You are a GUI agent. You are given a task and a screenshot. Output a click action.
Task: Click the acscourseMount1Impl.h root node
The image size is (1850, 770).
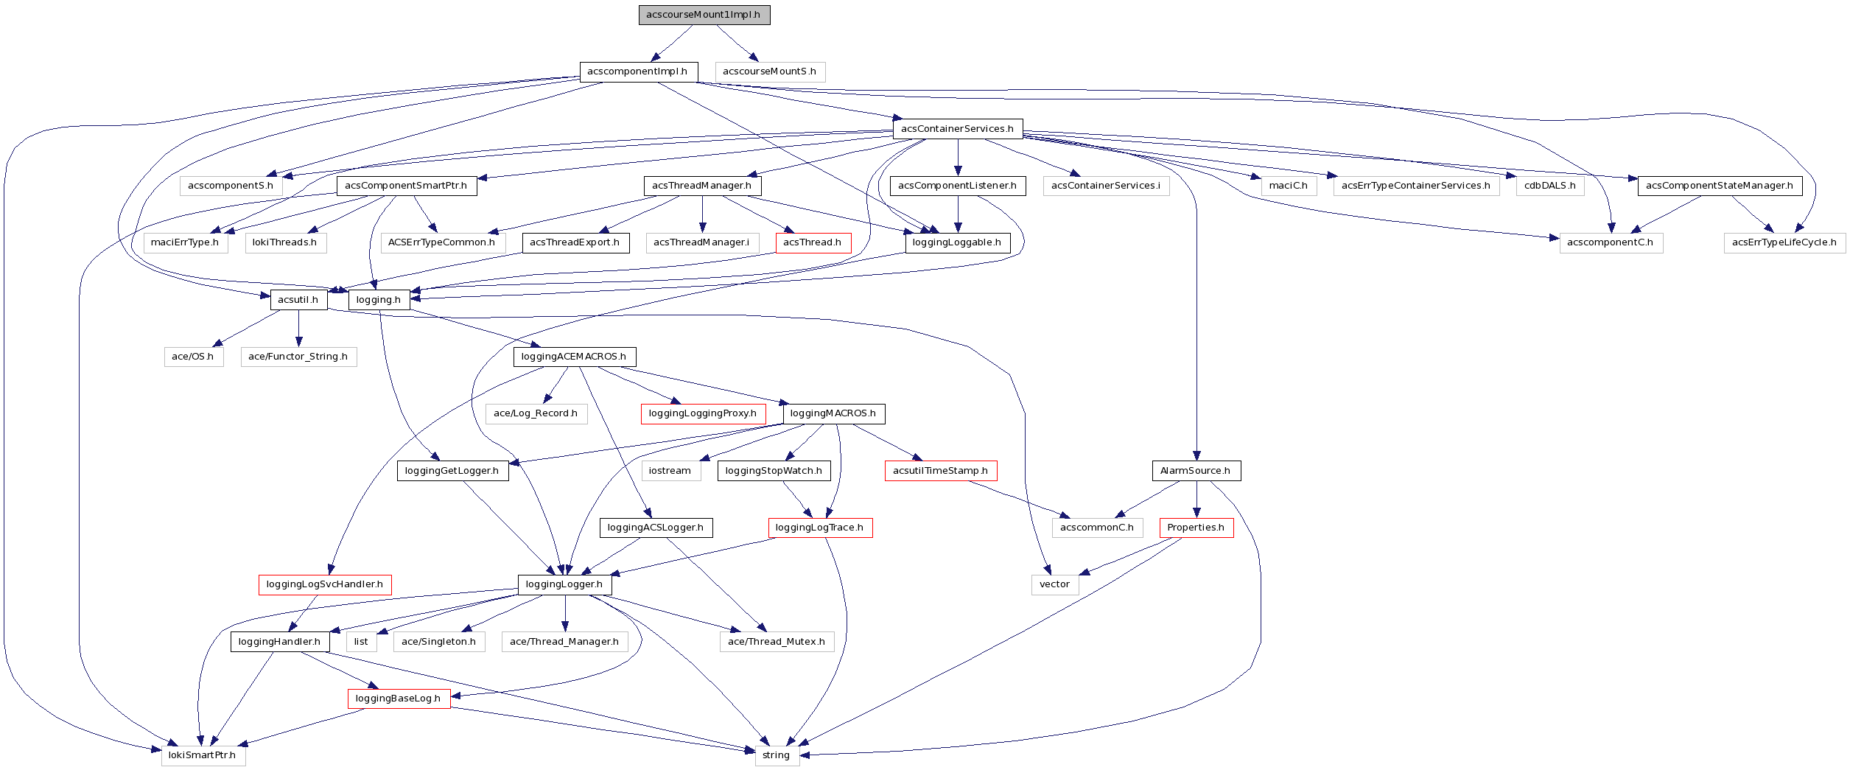click(x=704, y=15)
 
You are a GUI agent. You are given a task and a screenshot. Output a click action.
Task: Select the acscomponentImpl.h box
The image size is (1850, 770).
click(x=638, y=71)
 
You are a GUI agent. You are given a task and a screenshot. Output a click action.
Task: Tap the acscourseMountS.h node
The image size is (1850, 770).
click(x=770, y=71)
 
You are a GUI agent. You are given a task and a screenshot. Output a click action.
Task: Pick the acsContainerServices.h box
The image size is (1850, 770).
click(x=957, y=129)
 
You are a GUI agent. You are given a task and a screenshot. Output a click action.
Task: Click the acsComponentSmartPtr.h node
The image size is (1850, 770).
click(x=406, y=186)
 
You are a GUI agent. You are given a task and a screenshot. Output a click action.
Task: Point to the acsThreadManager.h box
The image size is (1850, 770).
click(x=702, y=186)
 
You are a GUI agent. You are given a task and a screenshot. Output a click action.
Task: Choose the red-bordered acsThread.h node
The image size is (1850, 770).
click(x=813, y=242)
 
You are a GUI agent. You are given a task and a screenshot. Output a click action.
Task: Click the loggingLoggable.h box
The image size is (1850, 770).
click(x=957, y=242)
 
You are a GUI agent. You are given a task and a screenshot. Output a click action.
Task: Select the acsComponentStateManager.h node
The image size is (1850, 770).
click(x=1720, y=186)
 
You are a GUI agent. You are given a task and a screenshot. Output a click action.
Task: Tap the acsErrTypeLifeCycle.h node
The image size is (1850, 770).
click(x=1784, y=242)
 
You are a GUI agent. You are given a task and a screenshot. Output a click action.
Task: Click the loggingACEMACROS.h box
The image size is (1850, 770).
click(x=574, y=357)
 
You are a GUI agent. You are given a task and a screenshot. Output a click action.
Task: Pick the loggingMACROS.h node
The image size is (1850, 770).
click(x=833, y=413)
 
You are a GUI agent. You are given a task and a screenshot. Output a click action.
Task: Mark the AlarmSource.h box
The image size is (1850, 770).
click(x=1196, y=471)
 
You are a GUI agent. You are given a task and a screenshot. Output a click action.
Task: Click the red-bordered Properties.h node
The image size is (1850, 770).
click(x=1196, y=528)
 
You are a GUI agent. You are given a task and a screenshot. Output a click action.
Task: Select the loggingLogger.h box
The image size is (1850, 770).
click(x=564, y=584)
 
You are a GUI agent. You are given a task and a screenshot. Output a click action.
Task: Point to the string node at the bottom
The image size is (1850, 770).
click(x=777, y=755)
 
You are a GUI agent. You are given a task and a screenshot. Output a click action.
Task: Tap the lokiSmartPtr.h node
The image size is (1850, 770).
click(x=203, y=755)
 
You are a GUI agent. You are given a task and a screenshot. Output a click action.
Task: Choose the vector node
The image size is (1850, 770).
click(x=1055, y=584)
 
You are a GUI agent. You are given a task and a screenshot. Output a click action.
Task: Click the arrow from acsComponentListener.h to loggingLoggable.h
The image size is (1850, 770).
click(x=958, y=214)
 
